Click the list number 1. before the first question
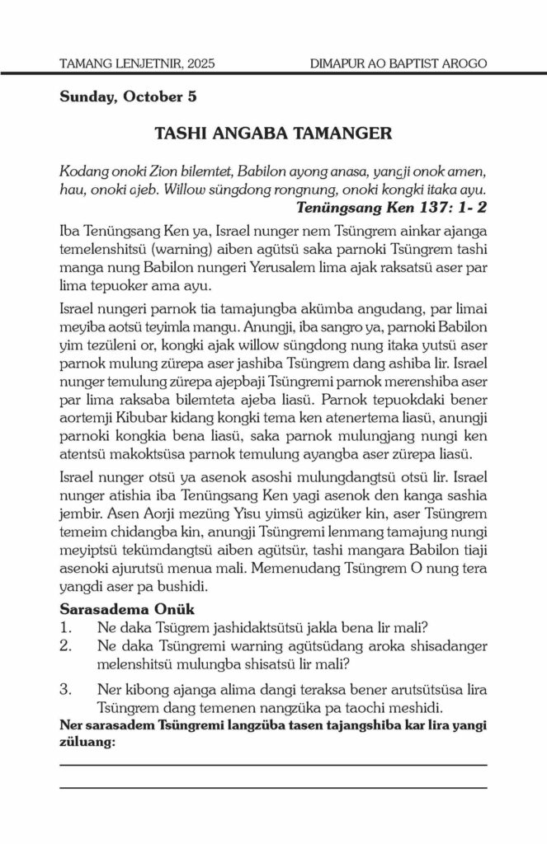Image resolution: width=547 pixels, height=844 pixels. pos(67,627)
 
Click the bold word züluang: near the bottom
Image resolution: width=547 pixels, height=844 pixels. pos(87,741)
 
